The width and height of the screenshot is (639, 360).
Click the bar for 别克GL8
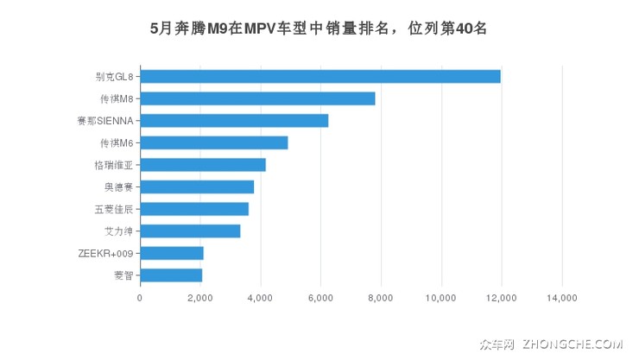click(x=319, y=76)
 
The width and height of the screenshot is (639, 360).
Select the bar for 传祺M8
click(x=257, y=98)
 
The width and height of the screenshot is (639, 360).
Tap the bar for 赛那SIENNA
click(x=234, y=121)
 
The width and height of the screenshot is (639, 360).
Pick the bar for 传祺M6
click(x=213, y=142)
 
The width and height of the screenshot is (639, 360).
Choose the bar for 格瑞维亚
click(x=202, y=165)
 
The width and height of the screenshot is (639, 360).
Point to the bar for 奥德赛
click(x=197, y=186)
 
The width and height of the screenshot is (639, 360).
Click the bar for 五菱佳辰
click(x=194, y=209)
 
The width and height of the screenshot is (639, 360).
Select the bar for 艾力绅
click(x=190, y=231)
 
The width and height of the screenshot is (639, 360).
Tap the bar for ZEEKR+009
click(x=171, y=253)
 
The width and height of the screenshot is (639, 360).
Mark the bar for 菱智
click(x=171, y=275)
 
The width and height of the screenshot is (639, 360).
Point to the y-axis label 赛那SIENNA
click(x=104, y=121)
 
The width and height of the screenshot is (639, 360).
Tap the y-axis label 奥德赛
click(x=118, y=186)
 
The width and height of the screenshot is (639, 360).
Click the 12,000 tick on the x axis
click(x=502, y=298)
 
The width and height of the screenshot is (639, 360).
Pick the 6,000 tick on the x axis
click(x=320, y=298)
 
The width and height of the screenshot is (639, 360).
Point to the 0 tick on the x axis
click(x=140, y=298)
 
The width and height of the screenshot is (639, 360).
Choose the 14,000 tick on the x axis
click(x=562, y=298)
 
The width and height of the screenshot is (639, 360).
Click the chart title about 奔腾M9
click(x=319, y=28)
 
